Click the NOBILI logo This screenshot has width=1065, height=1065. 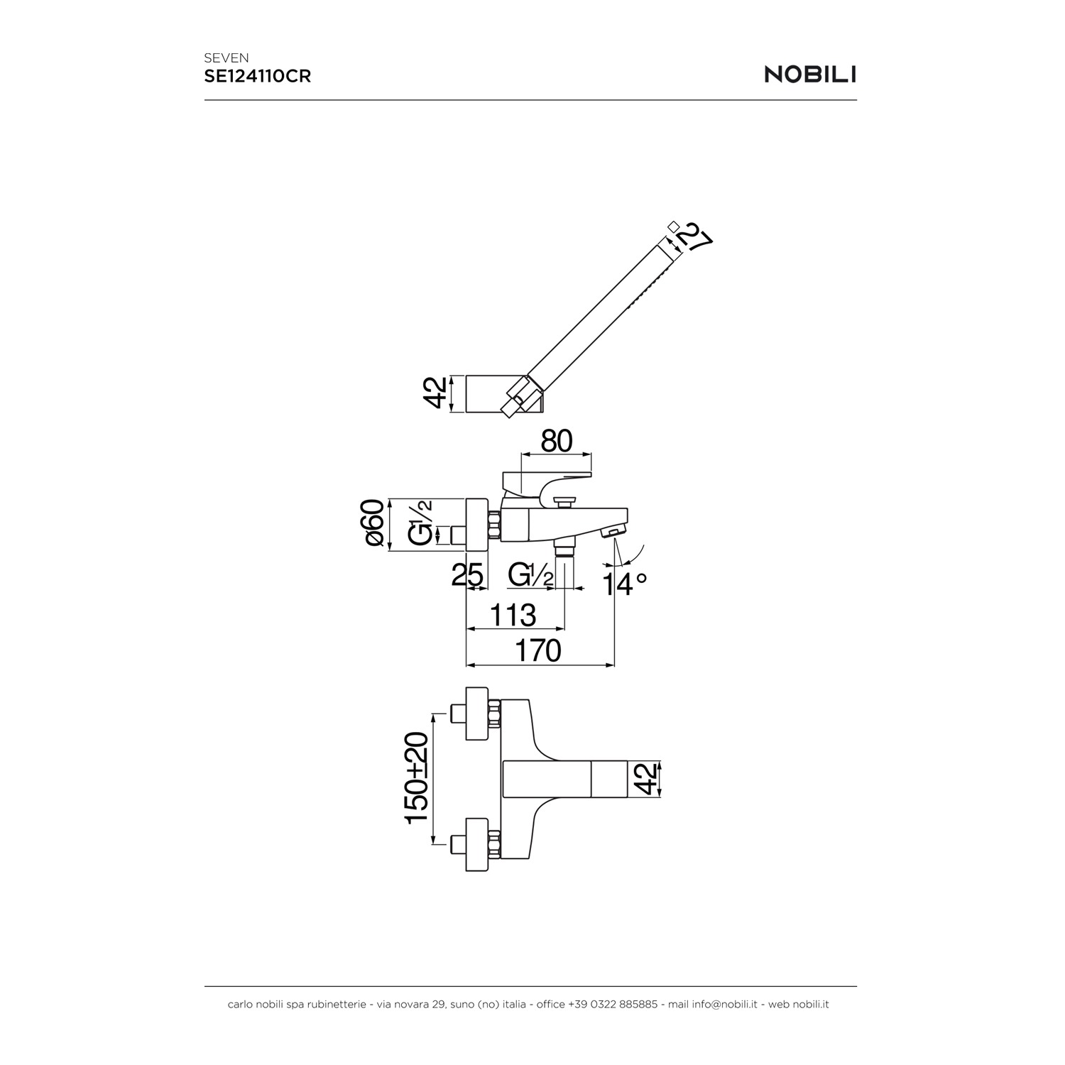pos(810,75)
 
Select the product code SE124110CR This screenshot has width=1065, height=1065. pos(258,77)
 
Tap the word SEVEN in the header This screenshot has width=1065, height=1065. pos(226,58)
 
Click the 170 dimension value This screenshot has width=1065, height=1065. pos(539,650)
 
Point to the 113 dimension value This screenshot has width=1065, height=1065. pos(513,615)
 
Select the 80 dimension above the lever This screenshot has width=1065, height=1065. pos(557,441)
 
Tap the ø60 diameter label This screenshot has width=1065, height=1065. pos(375,523)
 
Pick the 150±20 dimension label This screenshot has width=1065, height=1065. pos(417,778)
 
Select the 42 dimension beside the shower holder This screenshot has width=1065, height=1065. pos(437,393)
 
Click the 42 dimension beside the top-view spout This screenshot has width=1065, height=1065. pos(645,778)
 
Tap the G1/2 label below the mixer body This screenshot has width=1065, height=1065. pos(531,575)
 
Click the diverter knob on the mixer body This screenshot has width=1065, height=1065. pos(565,502)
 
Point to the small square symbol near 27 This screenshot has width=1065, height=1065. pos(673,226)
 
